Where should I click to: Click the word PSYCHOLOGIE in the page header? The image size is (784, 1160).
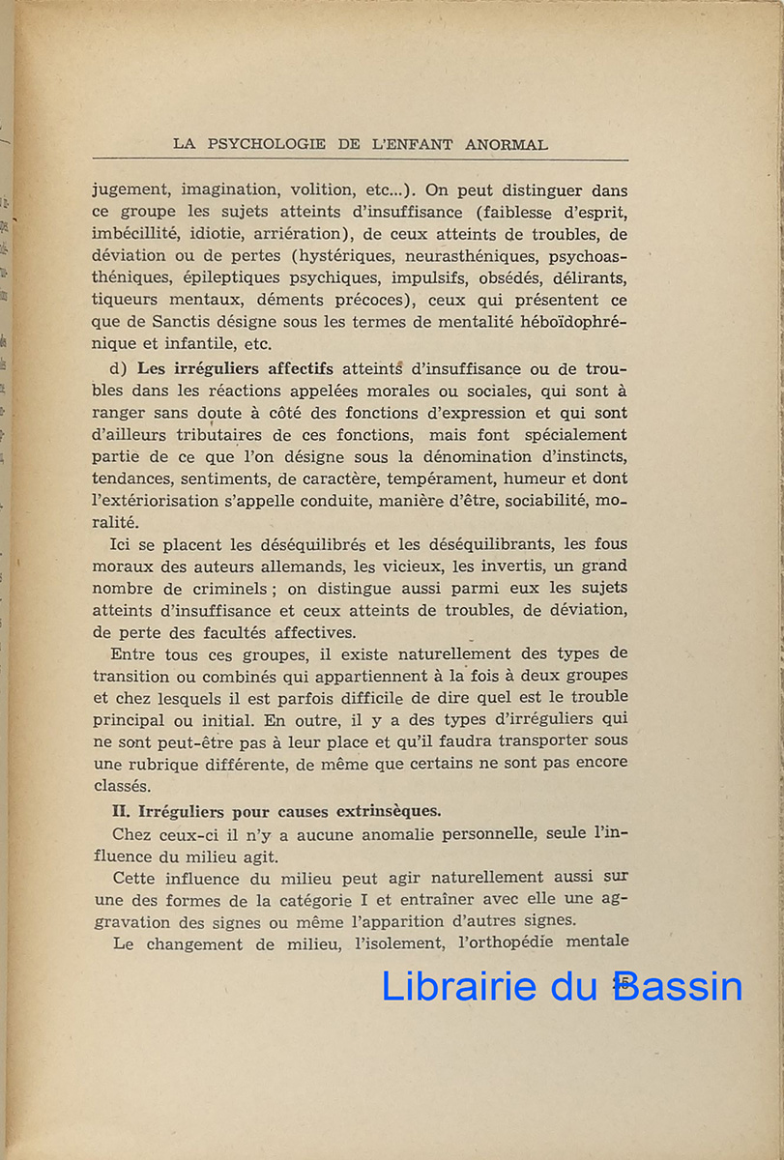pos(265,144)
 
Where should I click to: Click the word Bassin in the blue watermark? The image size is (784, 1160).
pos(678,985)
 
